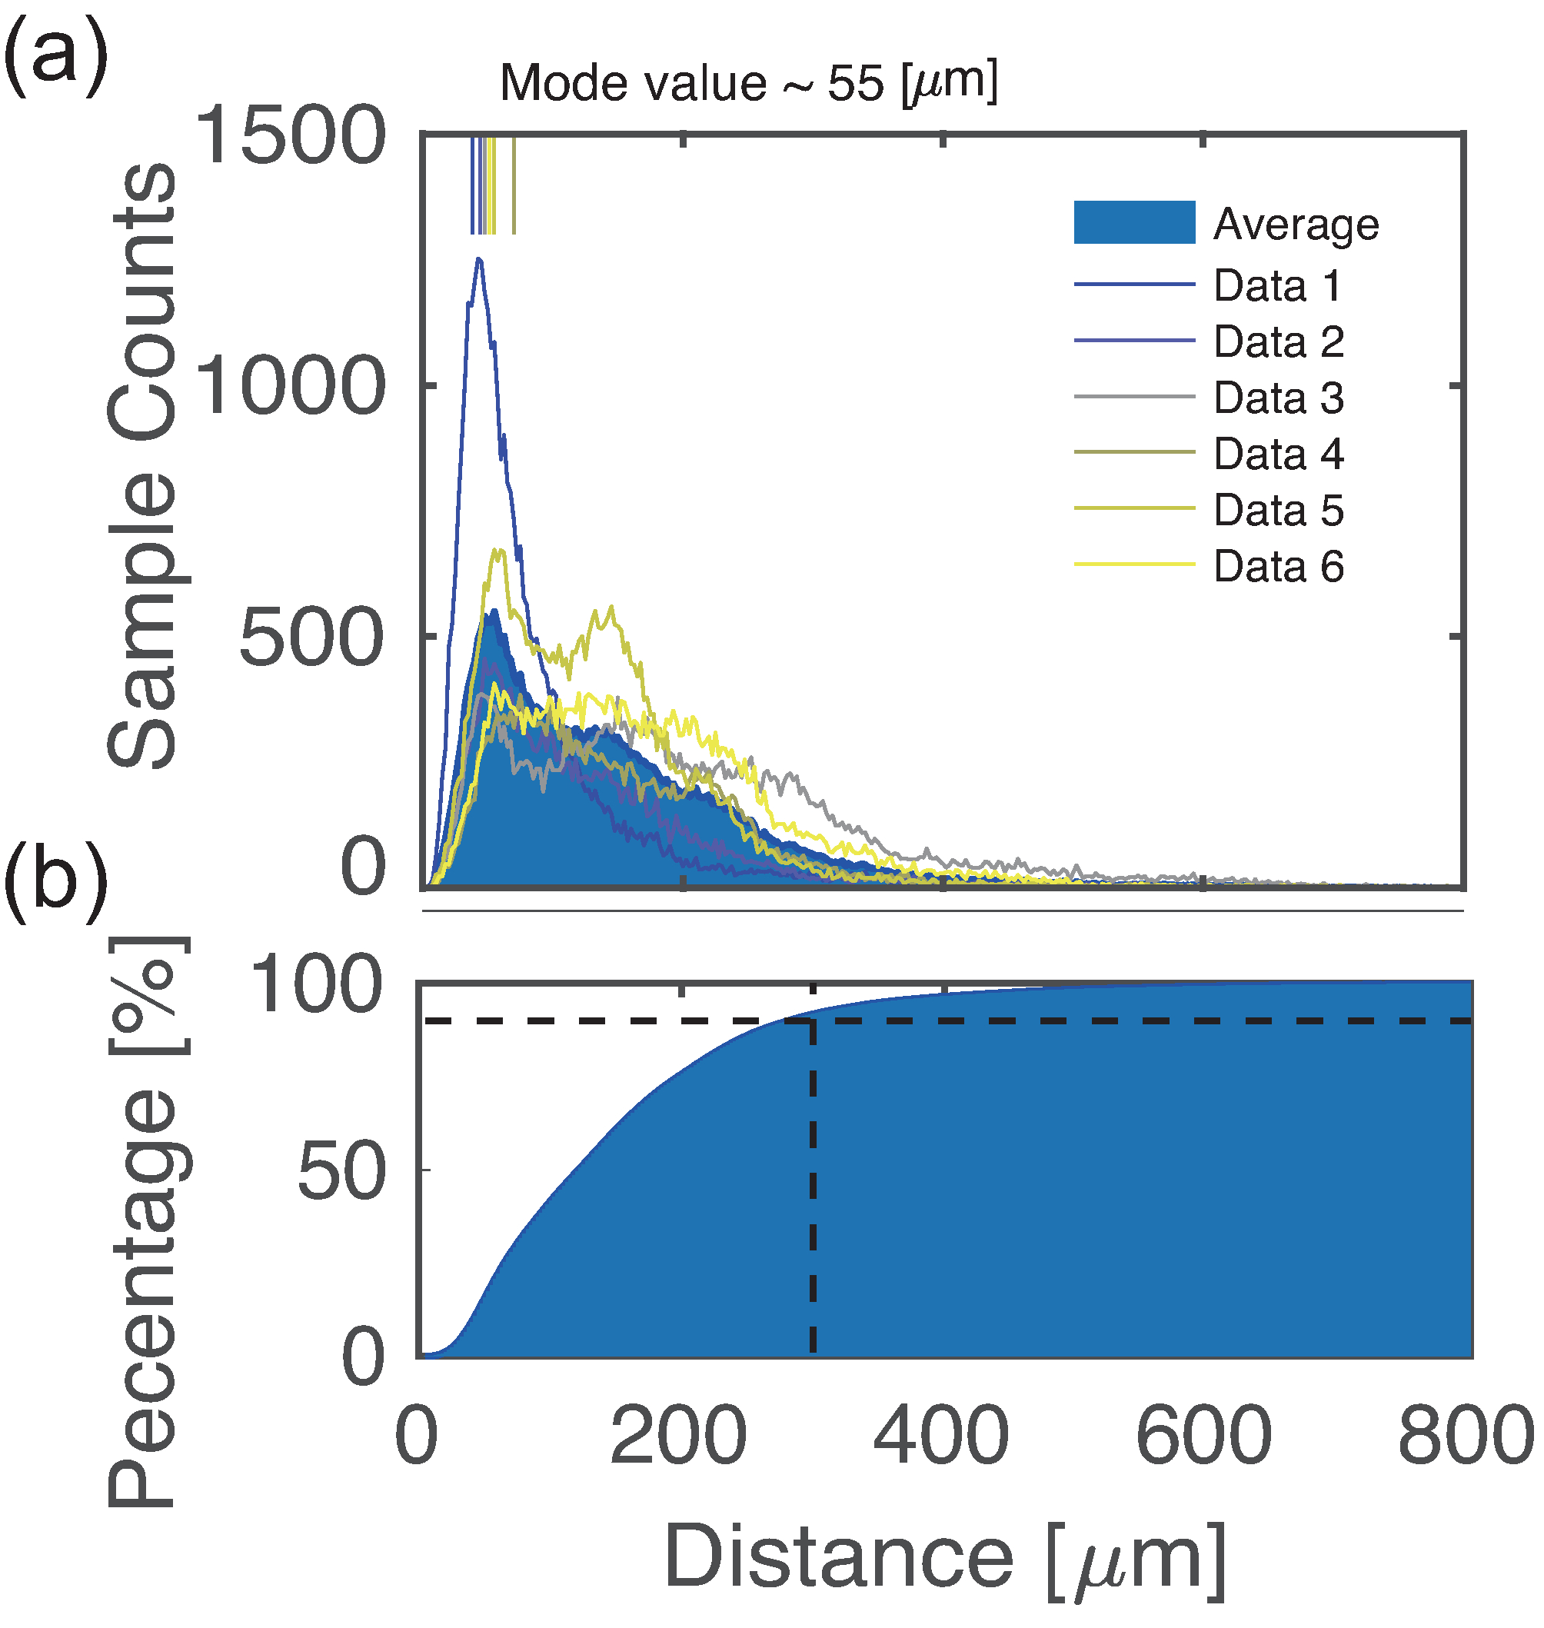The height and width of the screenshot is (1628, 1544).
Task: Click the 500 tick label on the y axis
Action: tap(311, 638)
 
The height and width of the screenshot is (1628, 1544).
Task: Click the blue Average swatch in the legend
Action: tap(1133, 222)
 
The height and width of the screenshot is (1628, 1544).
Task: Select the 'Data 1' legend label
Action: tap(1277, 285)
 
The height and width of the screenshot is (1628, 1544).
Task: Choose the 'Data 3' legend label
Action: tap(1278, 398)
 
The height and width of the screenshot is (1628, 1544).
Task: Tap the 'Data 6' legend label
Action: tap(1278, 567)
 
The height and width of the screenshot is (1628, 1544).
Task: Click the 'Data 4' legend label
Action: tap(1278, 454)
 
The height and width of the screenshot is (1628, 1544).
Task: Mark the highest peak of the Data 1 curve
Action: tap(478, 259)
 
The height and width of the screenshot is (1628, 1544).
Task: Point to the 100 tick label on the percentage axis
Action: tap(316, 985)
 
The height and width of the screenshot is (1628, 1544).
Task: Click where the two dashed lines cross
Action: tap(812, 1020)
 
